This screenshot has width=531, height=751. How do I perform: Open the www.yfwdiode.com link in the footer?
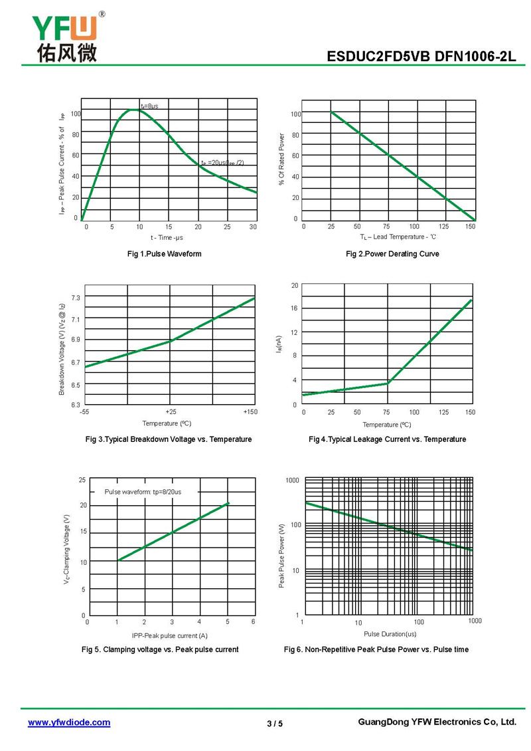[69, 722]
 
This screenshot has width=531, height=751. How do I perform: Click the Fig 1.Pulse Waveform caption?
[165, 254]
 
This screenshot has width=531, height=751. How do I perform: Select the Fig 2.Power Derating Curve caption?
[392, 254]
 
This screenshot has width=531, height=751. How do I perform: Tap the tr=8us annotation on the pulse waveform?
[149, 106]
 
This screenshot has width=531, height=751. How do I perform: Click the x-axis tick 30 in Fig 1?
[254, 227]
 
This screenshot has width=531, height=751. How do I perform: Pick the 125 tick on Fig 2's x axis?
[443, 227]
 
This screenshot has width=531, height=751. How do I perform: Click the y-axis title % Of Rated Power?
[281, 160]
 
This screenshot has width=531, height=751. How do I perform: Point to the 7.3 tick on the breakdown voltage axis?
[76, 298]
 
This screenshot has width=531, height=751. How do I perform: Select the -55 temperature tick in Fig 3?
[84, 412]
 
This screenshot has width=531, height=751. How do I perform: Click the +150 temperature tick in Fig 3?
[250, 412]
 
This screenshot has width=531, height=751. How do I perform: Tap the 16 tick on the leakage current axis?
[294, 308]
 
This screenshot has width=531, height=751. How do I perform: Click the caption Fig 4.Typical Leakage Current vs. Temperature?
[388, 439]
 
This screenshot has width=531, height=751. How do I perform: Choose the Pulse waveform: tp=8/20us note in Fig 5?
[143, 492]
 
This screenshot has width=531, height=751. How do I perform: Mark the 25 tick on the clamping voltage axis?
[82, 480]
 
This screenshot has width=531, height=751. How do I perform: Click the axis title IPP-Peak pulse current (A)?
[169, 636]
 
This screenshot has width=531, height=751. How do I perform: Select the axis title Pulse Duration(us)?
[390, 634]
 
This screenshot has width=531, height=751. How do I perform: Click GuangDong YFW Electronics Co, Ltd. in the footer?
[437, 722]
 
